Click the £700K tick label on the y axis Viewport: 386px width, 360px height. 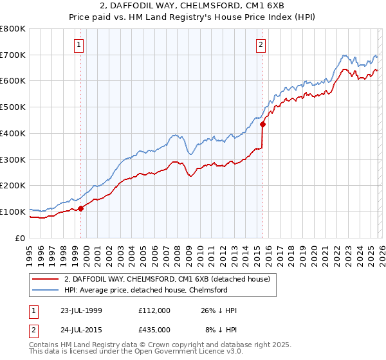point(13,55)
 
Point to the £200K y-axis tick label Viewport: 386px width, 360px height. point(13,186)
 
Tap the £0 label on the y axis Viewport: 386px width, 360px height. point(21,238)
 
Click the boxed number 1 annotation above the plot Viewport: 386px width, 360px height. point(78,45)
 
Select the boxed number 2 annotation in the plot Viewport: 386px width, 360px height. point(261,45)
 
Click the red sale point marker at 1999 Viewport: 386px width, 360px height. point(81,208)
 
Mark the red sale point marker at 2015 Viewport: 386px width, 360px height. point(262,125)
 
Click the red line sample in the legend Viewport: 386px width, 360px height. point(46,279)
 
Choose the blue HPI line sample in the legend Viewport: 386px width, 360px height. point(46,290)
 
